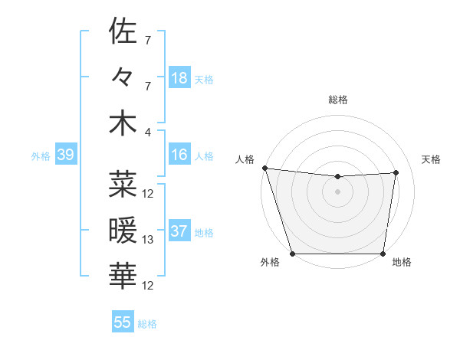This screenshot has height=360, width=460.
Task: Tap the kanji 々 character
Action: pyautogui.click(x=123, y=77)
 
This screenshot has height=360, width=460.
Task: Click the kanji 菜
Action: pyautogui.click(x=123, y=184)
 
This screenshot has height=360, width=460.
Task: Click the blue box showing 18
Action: pyautogui.click(x=179, y=77)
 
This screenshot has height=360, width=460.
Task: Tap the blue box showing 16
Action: pyautogui.click(x=179, y=155)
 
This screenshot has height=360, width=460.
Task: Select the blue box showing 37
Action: pyautogui.click(x=179, y=231)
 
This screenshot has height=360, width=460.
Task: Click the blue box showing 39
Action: pyautogui.click(x=65, y=155)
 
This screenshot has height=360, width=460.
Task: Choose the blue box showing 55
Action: pyautogui.click(x=123, y=322)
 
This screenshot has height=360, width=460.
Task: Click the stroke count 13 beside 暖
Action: pyautogui.click(x=148, y=240)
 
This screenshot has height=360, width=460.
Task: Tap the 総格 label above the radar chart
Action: pyautogui.click(x=337, y=100)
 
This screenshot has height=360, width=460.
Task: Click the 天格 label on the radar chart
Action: pyautogui.click(x=431, y=159)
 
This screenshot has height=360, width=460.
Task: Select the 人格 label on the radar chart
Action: pyautogui.click(x=245, y=159)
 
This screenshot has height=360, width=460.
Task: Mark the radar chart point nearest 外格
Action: pyautogui.click(x=292, y=254)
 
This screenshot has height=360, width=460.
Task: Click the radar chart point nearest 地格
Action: pyautogui.click(x=383, y=254)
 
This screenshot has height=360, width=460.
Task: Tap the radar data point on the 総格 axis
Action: pyautogui.click(x=337, y=177)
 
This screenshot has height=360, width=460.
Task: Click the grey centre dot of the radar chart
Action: pyautogui.click(x=337, y=191)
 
